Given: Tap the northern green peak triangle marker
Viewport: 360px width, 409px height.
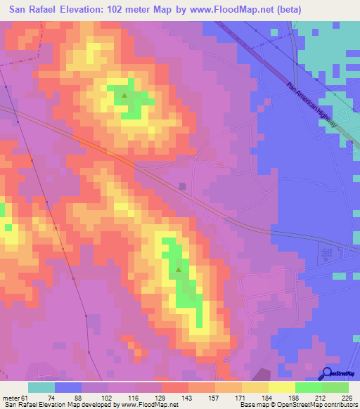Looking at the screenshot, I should [x=124, y=95].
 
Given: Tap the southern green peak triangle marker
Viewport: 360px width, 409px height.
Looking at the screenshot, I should [x=179, y=269].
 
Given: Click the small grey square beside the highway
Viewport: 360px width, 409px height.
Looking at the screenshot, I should [x=183, y=186].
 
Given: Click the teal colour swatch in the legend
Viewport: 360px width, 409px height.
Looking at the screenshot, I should [x=41, y=388].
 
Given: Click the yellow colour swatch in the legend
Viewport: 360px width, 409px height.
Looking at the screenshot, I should [x=281, y=388].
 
